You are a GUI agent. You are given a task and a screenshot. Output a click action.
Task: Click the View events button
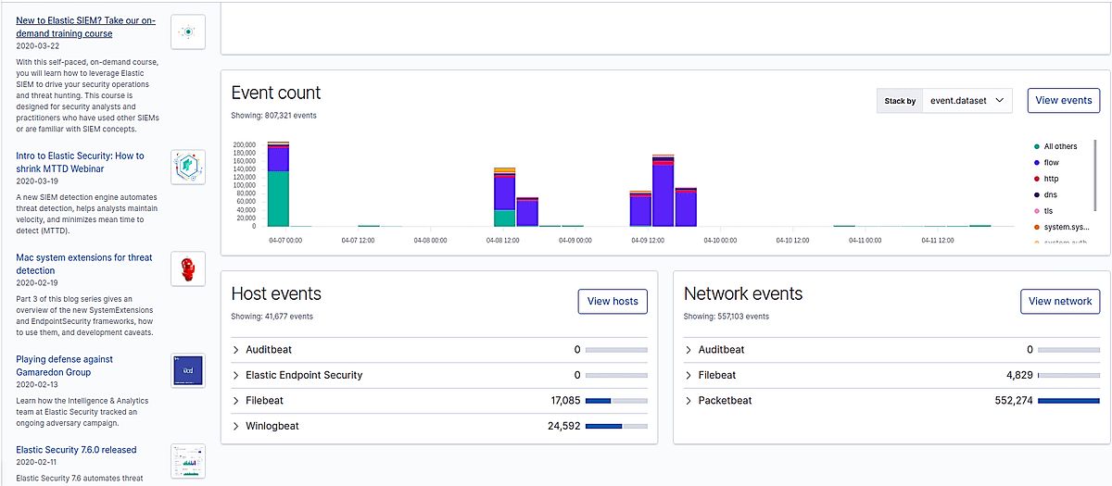click(x=1063, y=100)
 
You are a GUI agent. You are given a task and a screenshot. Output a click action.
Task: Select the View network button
click(x=1060, y=301)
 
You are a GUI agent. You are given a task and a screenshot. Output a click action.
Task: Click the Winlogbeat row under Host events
click(x=272, y=426)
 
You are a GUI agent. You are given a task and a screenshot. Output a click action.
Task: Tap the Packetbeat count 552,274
click(x=1006, y=401)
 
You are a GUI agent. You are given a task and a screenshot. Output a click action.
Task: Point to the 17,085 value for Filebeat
click(x=564, y=401)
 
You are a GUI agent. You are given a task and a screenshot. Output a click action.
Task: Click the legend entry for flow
click(x=1051, y=163)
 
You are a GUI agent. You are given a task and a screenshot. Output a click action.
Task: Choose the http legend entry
click(x=1051, y=179)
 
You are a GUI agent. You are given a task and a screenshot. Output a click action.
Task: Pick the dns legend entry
click(x=1050, y=194)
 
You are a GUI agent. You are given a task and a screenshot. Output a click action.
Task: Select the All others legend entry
click(x=1060, y=146)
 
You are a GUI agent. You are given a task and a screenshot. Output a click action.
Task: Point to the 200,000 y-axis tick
click(x=244, y=145)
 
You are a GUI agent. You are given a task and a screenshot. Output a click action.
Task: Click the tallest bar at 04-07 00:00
click(x=278, y=185)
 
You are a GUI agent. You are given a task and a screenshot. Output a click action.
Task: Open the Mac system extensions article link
click(x=82, y=264)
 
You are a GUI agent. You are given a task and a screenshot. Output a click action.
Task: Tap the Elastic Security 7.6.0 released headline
click(x=76, y=450)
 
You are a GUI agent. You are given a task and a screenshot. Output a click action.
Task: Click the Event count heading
click(x=276, y=93)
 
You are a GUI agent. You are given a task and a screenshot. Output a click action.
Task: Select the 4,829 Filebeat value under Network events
click(x=1013, y=375)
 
